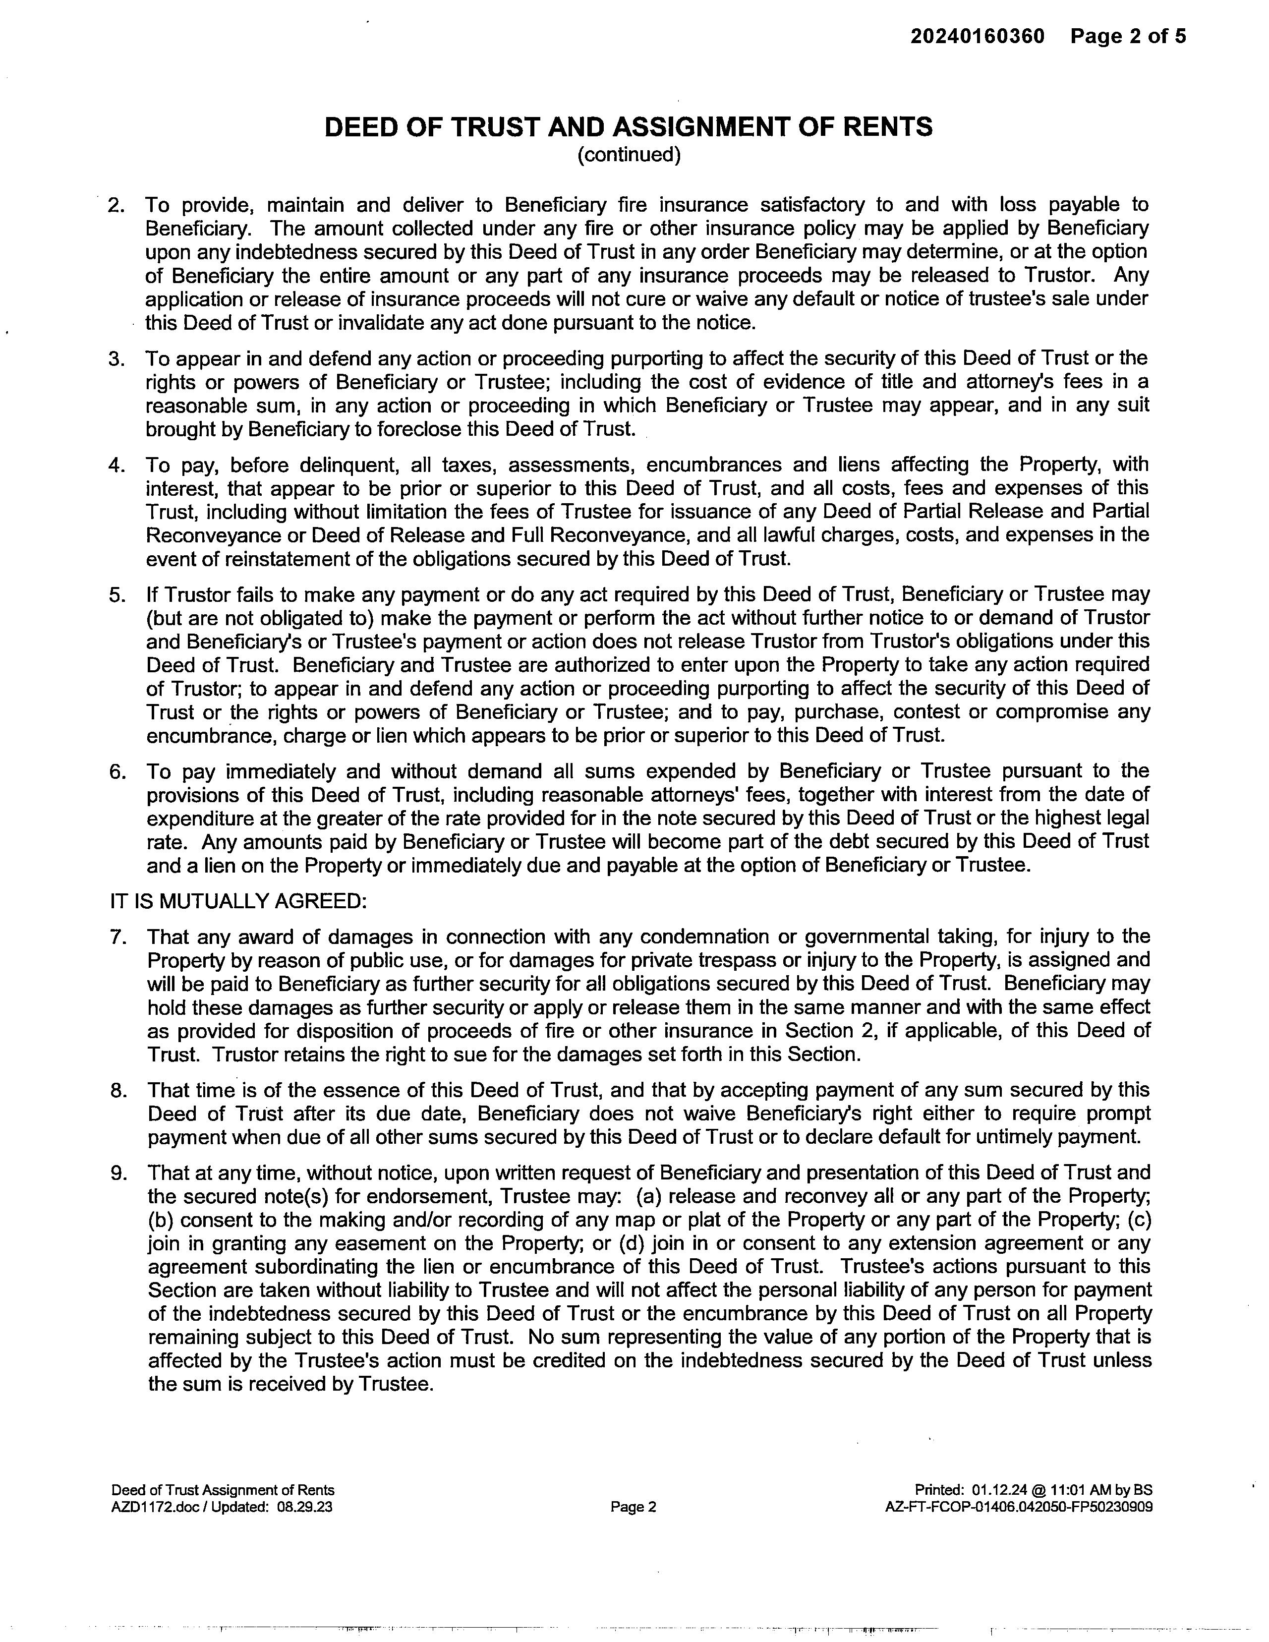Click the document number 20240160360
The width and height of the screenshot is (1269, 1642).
[978, 36]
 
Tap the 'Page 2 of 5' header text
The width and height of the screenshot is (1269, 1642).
[1128, 36]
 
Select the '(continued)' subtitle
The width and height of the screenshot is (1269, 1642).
[629, 155]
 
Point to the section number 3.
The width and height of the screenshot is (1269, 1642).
[116, 358]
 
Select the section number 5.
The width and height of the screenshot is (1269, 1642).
[116, 595]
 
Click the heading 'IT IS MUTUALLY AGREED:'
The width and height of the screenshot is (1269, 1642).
[238, 901]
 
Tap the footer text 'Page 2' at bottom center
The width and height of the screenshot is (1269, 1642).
[633, 1507]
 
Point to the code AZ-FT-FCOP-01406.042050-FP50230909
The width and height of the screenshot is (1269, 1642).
[1019, 1507]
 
